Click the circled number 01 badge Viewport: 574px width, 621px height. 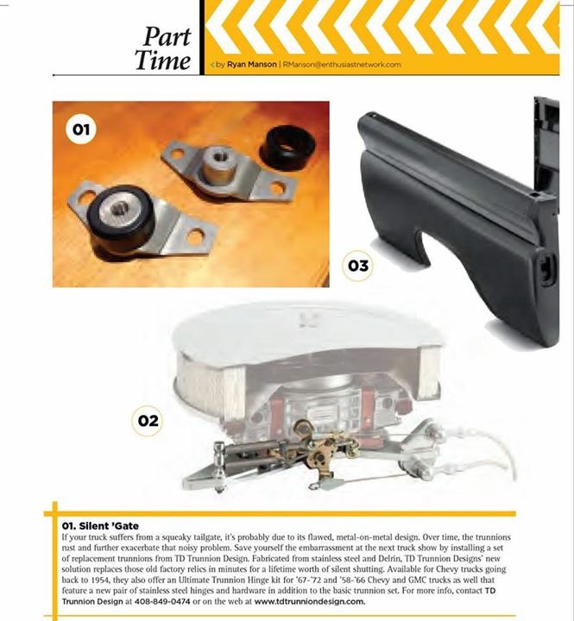81,130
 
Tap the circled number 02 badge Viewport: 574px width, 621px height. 148,420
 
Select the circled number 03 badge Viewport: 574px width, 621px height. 357,266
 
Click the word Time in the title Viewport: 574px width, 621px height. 162,60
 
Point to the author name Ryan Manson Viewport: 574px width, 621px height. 252,64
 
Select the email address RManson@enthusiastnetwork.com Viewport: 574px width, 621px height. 342,64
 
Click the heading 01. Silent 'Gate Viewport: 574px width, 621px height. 101,524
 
